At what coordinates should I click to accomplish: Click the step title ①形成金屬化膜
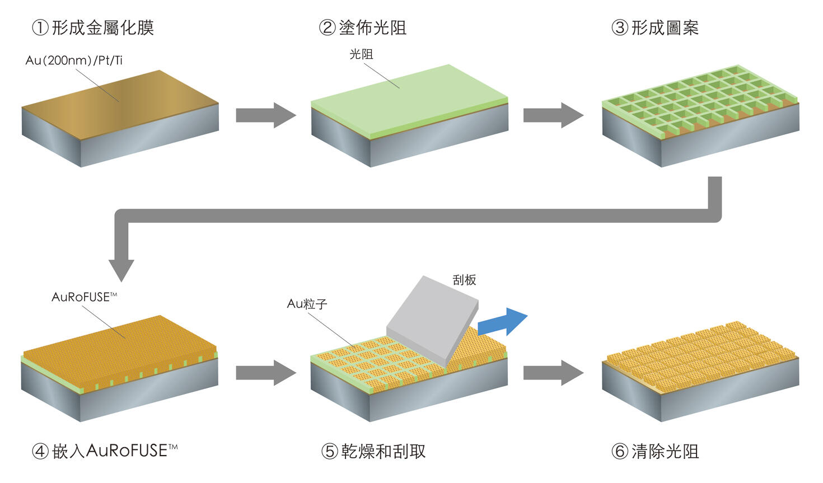(93, 27)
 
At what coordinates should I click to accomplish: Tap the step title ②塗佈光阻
(363, 27)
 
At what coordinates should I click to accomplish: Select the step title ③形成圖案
(655, 27)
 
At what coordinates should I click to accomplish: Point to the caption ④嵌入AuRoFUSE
(105, 451)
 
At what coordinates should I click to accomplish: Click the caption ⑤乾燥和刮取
(373, 451)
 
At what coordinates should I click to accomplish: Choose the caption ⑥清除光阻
(655, 451)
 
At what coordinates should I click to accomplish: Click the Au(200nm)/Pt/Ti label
(74, 60)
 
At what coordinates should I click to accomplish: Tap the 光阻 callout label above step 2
(361, 54)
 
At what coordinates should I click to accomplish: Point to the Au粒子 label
(307, 304)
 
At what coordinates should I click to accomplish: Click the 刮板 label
(464, 280)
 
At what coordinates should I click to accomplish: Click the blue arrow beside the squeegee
(503, 322)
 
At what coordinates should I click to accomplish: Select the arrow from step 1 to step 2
(265, 115)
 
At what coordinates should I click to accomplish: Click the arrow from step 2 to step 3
(553, 115)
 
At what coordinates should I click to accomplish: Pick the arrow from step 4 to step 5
(265, 372)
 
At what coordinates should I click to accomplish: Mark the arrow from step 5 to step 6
(553, 372)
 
